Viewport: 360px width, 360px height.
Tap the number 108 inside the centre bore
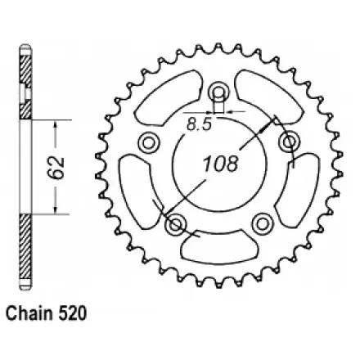pyautogui.click(x=223, y=162)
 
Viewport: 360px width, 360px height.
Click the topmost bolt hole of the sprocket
pyautogui.click(x=218, y=90)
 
